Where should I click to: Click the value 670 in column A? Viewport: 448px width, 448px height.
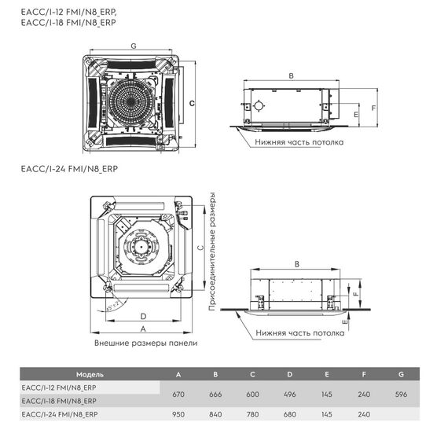tap(179, 394)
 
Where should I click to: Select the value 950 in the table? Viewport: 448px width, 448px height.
tap(179, 413)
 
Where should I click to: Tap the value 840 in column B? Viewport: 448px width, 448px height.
tap(215, 413)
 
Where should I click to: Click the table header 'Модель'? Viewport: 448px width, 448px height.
tap(90, 374)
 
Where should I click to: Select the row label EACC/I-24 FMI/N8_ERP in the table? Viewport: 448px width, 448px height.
tap(60, 413)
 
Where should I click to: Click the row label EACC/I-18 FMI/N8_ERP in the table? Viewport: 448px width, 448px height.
tap(60, 401)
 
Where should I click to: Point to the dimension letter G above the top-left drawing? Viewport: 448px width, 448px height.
tap(133, 46)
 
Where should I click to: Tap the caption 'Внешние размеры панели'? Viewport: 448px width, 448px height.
tap(145, 343)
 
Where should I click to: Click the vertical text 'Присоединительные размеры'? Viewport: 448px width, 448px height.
tap(212, 253)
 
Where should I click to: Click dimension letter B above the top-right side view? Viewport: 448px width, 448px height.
tap(292, 76)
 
